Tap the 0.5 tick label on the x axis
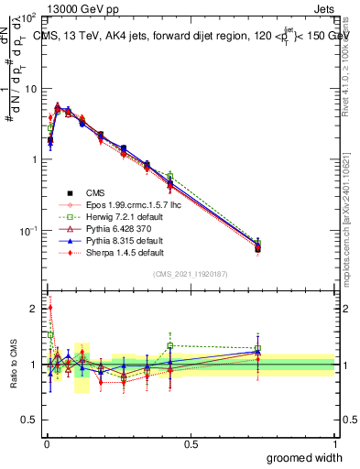click(x=191, y=444)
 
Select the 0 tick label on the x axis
click(x=46, y=444)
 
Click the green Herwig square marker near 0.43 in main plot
click(x=170, y=176)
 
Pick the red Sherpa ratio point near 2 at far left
click(x=49, y=309)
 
